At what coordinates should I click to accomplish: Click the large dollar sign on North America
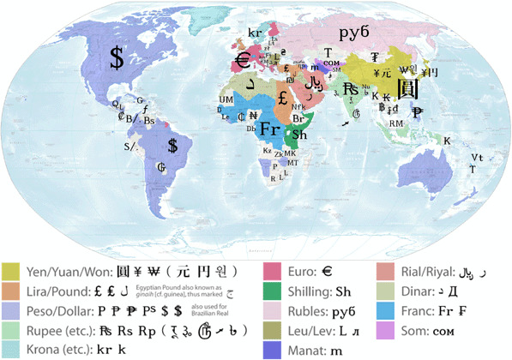click(x=116, y=58)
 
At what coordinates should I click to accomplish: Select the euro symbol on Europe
click(x=243, y=62)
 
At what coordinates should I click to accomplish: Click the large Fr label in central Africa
click(x=270, y=129)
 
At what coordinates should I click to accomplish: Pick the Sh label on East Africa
click(x=300, y=135)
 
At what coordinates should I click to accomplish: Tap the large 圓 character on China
click(x=408, y=88)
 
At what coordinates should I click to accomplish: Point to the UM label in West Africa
click(x=226, y=99)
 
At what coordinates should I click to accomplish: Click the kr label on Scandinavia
click(x=255, y=33)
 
